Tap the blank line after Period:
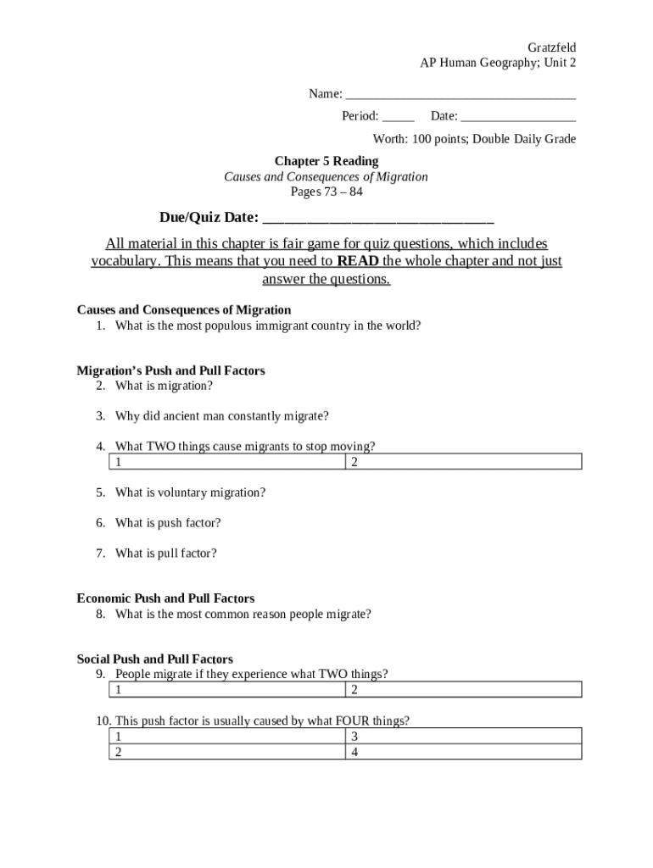pos(398,116)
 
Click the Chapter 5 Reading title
pos(326,161)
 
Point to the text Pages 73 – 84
pos(326,192)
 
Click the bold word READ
pos(357,261)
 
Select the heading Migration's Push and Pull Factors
pos(170,370)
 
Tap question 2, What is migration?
pos(164,386)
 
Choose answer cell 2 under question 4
pos(463,462)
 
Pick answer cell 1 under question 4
pos(227,462)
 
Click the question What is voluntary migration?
pos(190,492)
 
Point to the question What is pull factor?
pos(165,554)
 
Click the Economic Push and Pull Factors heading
pos(165,598)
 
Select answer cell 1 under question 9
pos(227,689)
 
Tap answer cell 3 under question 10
pos(463,736)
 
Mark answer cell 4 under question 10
pos(463,751)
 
